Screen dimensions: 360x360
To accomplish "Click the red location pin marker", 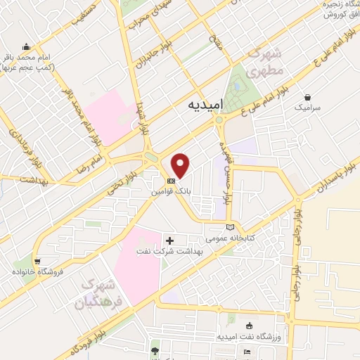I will (x=181, y=165).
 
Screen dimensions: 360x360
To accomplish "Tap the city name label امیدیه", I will (x=206, y=105).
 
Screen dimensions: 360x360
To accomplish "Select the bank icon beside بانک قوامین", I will (x=172, y=179).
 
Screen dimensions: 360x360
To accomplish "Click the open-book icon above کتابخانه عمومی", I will (x=231, y=227).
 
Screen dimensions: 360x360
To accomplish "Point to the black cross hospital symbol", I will (x=169, y=240).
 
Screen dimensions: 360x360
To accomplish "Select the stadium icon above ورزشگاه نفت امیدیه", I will (x=250, y=326).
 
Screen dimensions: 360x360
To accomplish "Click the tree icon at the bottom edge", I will (x=155, y=350).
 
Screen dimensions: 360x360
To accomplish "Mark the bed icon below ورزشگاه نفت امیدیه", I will (x=245, y=352).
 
